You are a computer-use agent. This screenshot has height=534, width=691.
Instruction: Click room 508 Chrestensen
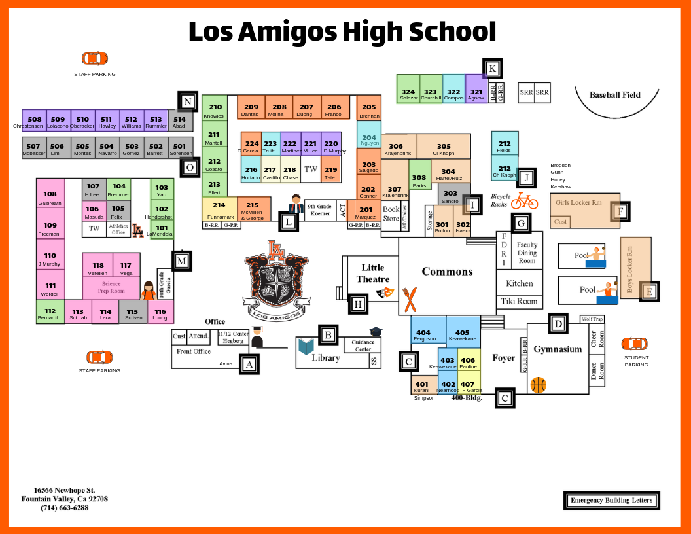pyautogui.click(x=34, y=121)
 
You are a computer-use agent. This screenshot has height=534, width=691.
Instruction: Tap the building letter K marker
pyautogui.click(x=493, y=69)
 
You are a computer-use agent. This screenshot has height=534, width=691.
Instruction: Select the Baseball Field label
pyautogui.click(x=614, y=95)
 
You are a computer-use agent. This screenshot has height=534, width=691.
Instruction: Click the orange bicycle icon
pyautogui.click(x=525, y=201)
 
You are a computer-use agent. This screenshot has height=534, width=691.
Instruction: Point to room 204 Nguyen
pyautogui.click(x=369, y=140)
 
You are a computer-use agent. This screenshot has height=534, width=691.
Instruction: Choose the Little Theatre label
pyautogui.click(x=373, y=273)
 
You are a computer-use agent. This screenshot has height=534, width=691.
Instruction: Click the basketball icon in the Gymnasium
pyautogui.click(x=538, y=385)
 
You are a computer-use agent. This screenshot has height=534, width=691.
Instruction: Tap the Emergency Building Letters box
pyautogui.click(x=611, y=501)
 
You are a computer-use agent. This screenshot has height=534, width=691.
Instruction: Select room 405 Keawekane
pyautogui.click(x=463, y=334)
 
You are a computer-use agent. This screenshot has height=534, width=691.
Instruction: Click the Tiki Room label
pyautogui.click(x=519, y=302)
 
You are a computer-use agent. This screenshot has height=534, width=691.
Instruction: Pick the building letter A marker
pyautogui.click(x=249, y=364)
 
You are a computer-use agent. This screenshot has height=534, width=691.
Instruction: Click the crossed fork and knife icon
pyautogui.click(x=410, y=299)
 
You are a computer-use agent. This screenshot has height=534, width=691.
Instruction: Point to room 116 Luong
pyautogui.click(x=160, y=314)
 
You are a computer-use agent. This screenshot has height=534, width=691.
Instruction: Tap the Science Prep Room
pyautogui.click(x=111, y=287)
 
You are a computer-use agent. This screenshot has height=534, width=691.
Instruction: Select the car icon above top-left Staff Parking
pyautogui.click(x=94, y=59)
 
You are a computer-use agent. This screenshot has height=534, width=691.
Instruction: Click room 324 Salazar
pyautogui.click(x=408, y=94)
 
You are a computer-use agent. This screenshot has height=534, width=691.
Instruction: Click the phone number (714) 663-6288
pyautogui.click(x=64, y=508)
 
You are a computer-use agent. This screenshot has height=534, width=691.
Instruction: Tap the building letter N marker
pyautogui.click(x=188, y=101)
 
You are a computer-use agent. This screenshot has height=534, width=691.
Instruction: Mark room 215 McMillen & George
pyautogui.click(x=252, y=209)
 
